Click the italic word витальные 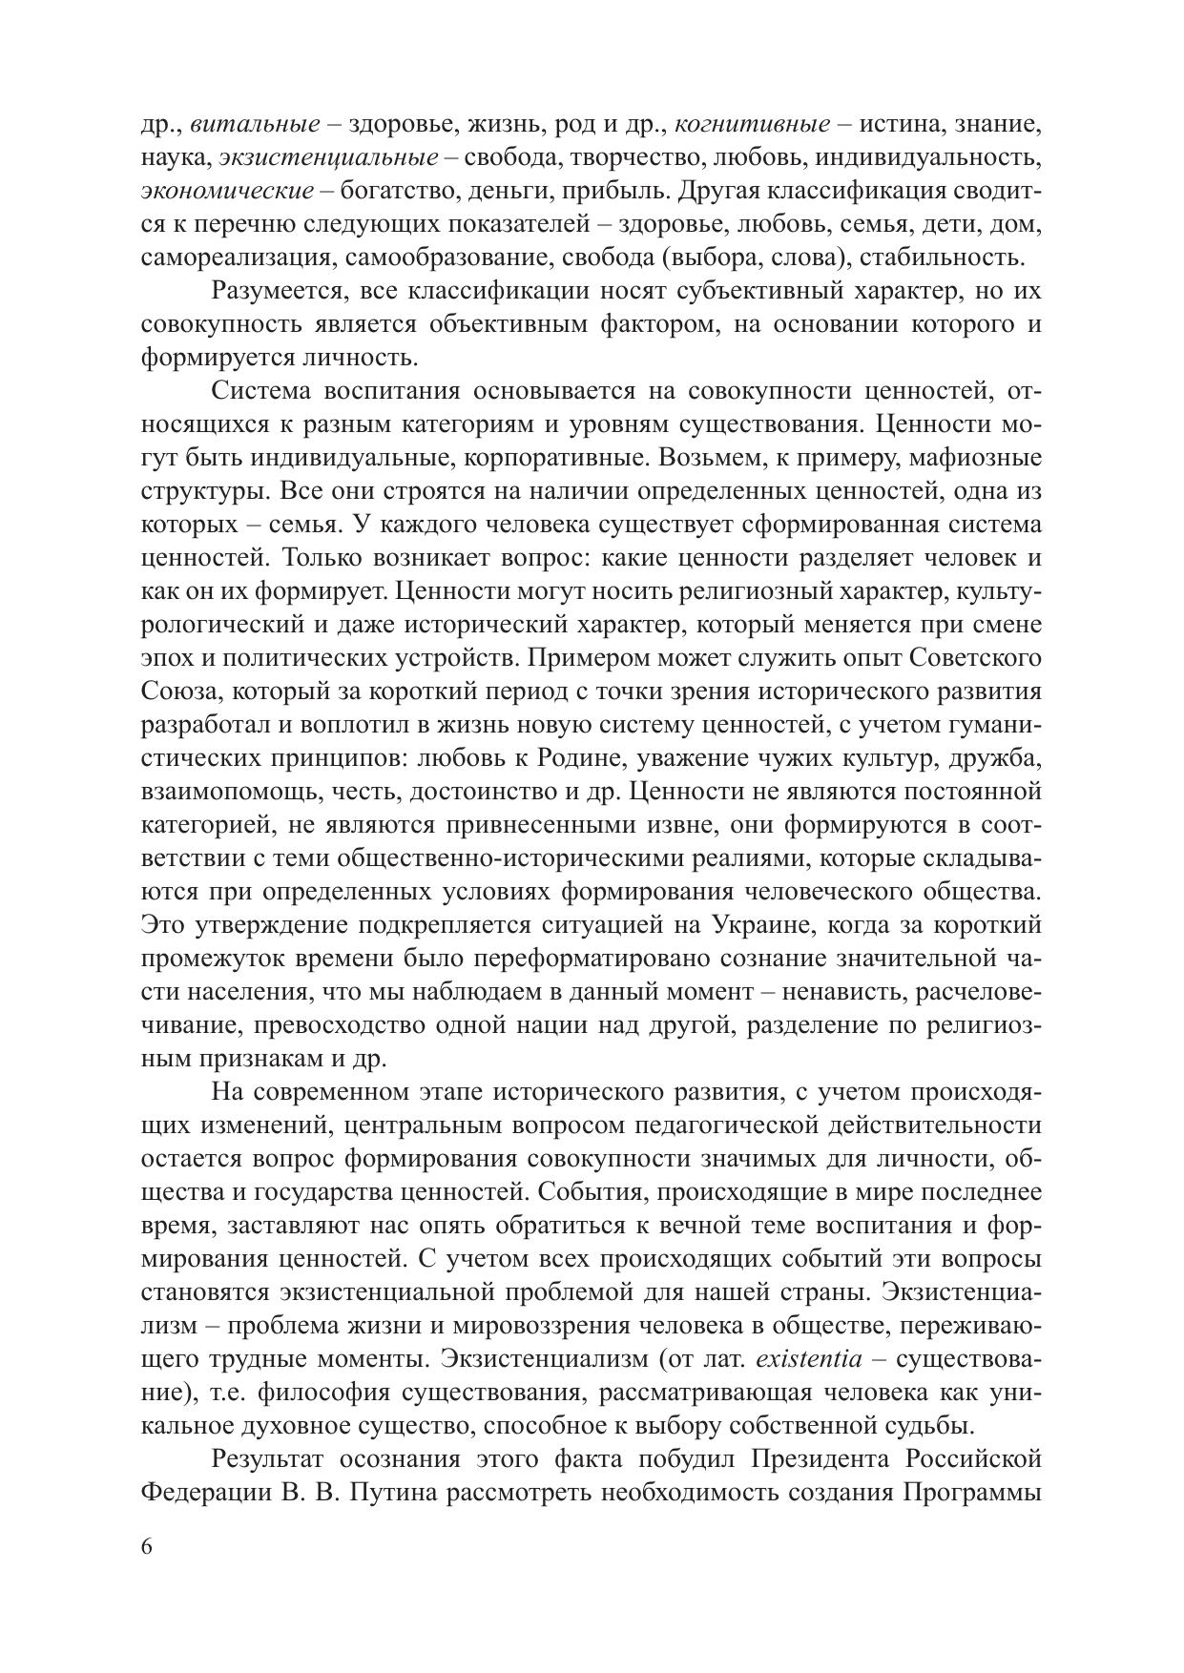255,124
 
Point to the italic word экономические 227,191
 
